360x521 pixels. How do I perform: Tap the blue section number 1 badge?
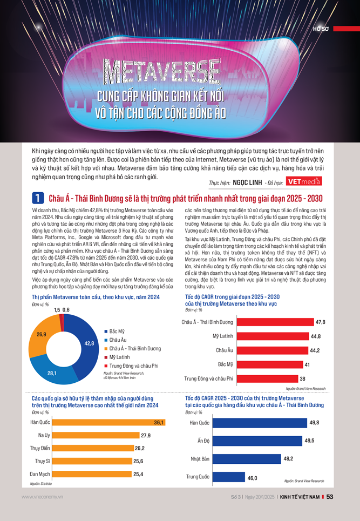pos(37,198)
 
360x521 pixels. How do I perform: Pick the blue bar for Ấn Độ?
pos(264,441)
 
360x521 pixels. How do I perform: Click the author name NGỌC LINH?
pos(248,182)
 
